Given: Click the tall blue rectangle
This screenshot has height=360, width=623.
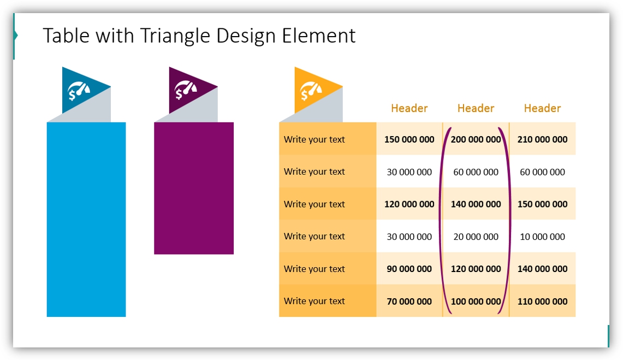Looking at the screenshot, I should [86, 219].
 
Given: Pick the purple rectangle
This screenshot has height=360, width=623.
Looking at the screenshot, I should [194, 188].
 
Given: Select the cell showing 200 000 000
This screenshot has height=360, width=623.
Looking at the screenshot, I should [476, 139].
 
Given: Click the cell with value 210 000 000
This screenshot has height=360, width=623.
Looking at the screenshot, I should [542, 139].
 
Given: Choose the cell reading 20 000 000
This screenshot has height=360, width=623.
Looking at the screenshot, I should [476, 237].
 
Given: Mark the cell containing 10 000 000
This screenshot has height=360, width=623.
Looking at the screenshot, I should [542, 237].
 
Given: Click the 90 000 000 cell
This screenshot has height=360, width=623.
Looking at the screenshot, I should [409, 269].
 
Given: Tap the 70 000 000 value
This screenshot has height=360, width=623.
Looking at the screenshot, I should [409, 301].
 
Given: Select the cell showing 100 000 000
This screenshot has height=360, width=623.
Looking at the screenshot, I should [476, 301].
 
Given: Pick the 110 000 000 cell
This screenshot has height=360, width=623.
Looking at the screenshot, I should [542, 301].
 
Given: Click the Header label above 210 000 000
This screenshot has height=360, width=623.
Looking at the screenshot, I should [542, 108].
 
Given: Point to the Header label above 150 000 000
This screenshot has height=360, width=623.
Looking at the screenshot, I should [409, 108].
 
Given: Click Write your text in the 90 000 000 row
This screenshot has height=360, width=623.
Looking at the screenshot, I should [315, 269].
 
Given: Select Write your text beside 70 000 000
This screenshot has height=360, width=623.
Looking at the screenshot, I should [315, 301].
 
